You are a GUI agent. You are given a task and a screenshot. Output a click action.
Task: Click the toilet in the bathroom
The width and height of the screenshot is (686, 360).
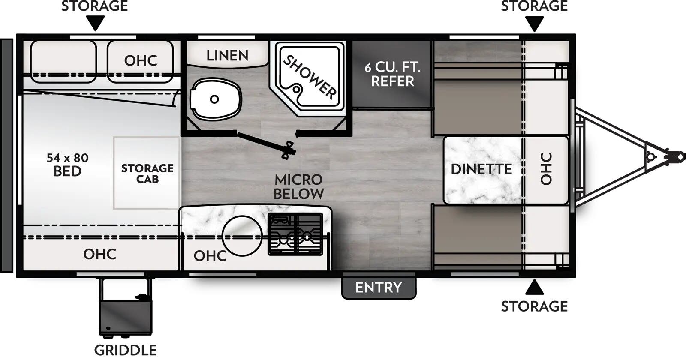click(x=215, y=99)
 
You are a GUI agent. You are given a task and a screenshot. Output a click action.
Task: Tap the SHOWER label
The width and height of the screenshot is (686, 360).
click(x=310, y=77)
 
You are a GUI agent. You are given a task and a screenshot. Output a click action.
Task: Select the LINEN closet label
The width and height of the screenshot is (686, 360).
click(x=227, y=55)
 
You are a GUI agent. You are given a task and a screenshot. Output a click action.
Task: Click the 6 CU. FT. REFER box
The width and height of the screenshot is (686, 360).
click(x=392, y=74)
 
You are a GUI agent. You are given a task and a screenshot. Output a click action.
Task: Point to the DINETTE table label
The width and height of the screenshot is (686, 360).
click(x=481, y=169)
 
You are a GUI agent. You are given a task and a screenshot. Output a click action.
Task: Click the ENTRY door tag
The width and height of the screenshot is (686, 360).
click(x=379, y=287)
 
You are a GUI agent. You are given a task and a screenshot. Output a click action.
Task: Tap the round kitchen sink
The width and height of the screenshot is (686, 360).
click(x=242, y=236)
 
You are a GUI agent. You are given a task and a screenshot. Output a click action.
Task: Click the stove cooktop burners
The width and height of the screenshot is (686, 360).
click(x=295, y=234)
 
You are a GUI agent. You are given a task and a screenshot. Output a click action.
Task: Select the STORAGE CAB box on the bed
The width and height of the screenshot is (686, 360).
click(x=147, y=173)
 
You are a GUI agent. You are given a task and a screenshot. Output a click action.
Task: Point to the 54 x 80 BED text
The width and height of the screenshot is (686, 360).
click(x=67, y=165)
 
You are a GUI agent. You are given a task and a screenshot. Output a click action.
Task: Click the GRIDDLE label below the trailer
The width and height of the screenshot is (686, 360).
click(x=125, y=350)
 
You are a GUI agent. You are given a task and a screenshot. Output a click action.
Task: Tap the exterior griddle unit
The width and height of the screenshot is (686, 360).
click(x=125, y=306)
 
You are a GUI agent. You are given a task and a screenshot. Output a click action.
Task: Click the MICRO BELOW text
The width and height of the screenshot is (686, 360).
click(x=298, y=186)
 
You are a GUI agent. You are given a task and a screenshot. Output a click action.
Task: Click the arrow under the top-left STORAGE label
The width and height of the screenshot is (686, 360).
click(x=95, y=23)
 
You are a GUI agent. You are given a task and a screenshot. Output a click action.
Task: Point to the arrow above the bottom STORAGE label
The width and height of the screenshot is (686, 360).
click(x=534, y=288)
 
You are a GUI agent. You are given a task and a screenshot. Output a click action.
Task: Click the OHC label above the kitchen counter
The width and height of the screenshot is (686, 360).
click(x=210, y=256)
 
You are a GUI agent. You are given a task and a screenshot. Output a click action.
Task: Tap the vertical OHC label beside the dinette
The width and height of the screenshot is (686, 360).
click(x=546, y=169)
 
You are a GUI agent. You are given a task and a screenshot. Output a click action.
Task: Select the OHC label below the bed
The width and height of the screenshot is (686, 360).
click(x=99, y=254)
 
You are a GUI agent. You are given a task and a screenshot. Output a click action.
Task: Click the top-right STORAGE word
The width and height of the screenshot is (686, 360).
click(x=534, y=6)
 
